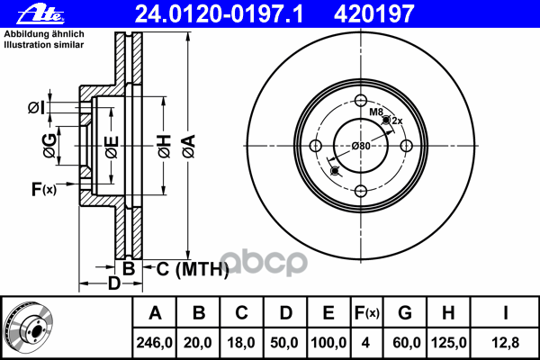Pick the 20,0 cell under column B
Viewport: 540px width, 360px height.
[199, 343]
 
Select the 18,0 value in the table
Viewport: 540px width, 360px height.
[241, 343]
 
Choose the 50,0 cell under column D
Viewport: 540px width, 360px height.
[284, 343]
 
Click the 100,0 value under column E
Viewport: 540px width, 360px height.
[328, 343]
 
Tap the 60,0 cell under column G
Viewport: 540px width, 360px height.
[405, 343]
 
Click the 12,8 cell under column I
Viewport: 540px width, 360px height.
[505, 343]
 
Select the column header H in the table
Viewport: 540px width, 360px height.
[448, 313]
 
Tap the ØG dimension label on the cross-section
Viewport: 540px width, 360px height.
[51, 144]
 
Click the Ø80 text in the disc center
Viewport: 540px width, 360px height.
[361, 147]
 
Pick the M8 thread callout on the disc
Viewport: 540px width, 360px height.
[376, 111]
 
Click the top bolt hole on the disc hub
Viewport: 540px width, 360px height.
[360, 101]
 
